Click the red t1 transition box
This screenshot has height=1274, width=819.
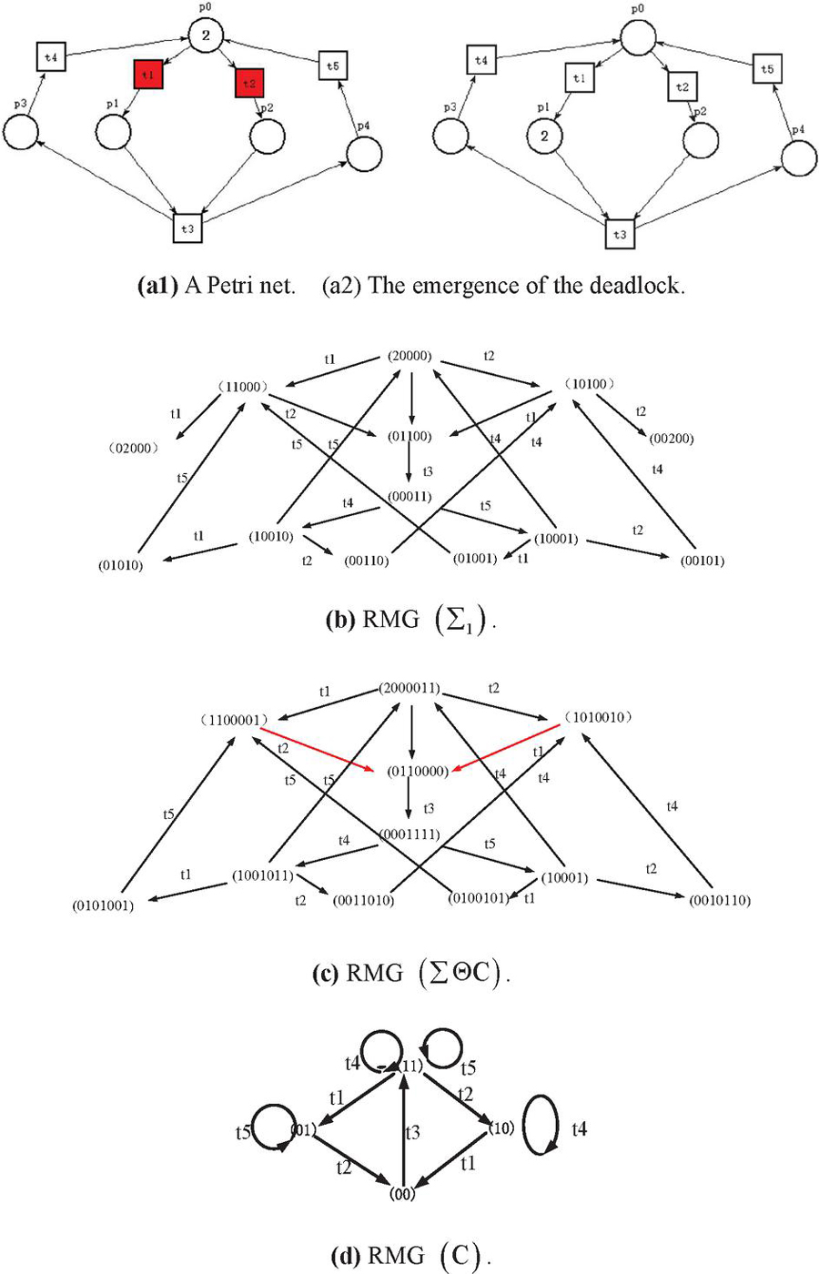click(x=148, y=75)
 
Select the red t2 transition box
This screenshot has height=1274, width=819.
click(x=249, y=83)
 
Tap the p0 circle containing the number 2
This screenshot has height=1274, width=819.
click(x=206, y=35)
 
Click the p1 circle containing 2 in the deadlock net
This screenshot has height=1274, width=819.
click(x=544, y=136)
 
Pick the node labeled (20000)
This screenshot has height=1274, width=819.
click(x=409, y=356)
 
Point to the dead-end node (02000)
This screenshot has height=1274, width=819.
click(x=133, y=448)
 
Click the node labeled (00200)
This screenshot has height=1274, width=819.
click(x=672, y=439)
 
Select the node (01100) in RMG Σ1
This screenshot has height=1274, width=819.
click(x=409, y=436)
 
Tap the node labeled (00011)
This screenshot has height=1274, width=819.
click(x=409, y=497)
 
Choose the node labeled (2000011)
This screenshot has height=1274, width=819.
click(x=409, y=688)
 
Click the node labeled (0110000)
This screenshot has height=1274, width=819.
click(x=418, y=772)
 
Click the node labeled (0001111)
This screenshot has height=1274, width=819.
click(x=410, y=834)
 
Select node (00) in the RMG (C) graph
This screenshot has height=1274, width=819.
click(x=402, y=1194)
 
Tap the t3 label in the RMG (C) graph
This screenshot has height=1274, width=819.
click(x=412, y=1132)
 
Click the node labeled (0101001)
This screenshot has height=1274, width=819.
click(x=103, y=905)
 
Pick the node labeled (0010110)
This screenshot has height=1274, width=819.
click(x=720, y=900)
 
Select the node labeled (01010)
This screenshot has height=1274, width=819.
click(x=120, y=565)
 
